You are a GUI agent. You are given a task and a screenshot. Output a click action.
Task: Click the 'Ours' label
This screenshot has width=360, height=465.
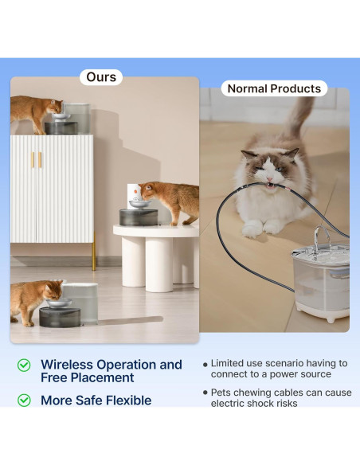(101, 77)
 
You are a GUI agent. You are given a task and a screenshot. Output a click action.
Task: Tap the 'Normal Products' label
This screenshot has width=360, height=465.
(274, 88)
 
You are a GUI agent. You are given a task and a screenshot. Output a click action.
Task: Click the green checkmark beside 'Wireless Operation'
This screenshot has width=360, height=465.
(24, 365)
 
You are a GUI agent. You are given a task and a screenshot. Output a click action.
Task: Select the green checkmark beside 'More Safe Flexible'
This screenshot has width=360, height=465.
(24, 401)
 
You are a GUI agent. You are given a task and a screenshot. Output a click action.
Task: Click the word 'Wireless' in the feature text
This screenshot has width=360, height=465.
(67, 365)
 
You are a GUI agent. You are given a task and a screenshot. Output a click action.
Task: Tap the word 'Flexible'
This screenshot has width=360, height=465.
(129, 401)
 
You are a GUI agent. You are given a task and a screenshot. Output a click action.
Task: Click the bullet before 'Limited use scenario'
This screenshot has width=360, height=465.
(205, 364)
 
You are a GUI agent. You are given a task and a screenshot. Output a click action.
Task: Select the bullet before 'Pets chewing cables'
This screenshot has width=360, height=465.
(205, 393)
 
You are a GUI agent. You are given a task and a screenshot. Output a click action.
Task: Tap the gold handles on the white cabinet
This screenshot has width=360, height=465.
(37, 160)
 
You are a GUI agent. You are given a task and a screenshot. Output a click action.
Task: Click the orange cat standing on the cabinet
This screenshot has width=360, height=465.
(36, 113)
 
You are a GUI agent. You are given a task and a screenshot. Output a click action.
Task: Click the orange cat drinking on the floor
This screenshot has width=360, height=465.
(35, 301)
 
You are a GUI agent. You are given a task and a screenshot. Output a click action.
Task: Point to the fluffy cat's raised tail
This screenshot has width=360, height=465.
(299, 119)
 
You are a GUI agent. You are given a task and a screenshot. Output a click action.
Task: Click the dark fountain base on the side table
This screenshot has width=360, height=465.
(139, 217)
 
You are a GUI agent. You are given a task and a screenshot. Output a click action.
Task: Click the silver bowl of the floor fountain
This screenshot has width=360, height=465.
(59, 303)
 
